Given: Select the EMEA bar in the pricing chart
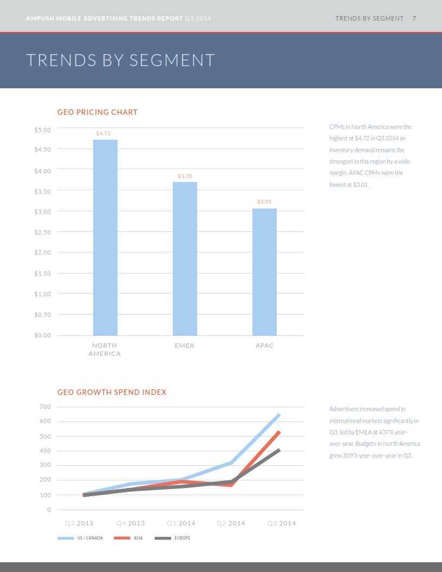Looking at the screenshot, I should (x=185, y=258).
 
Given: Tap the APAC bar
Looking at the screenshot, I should (x=264, y=272).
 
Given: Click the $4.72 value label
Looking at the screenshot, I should (x=103, y=133).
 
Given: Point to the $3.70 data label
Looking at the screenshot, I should (x=185, y=177).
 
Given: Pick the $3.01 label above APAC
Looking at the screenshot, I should (x=264, y=201).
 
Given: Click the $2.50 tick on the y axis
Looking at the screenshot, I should (x=42, y=232).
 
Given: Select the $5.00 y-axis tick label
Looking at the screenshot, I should (x=42, y=130).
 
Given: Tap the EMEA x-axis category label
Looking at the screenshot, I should (x=185, y=346).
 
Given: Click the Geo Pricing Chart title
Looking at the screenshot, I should (x=97, y=112).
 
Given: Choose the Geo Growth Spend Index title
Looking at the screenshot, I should (x=112, y=392).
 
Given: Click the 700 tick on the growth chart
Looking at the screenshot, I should (x=45, y=407).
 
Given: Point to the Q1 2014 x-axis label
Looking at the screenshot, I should (x=181, y=523).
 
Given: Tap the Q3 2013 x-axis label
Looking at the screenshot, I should (x=79, y=523).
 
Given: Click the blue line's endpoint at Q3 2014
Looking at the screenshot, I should (x=279, y=415).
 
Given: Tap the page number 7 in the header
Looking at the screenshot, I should (x=414, y=18).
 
